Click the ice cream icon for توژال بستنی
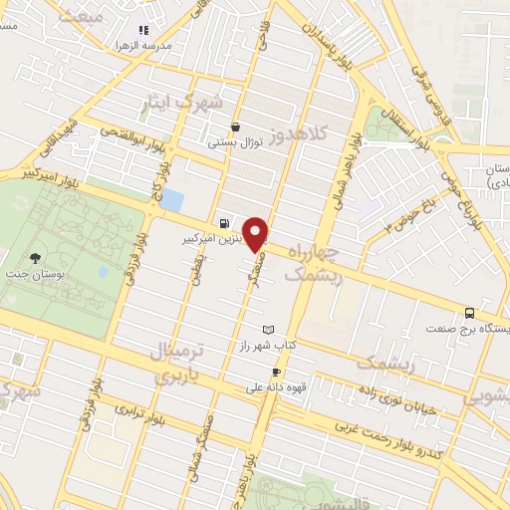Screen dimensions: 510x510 click(234, 127)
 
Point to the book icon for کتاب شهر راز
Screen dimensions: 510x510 click(266, 329)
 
